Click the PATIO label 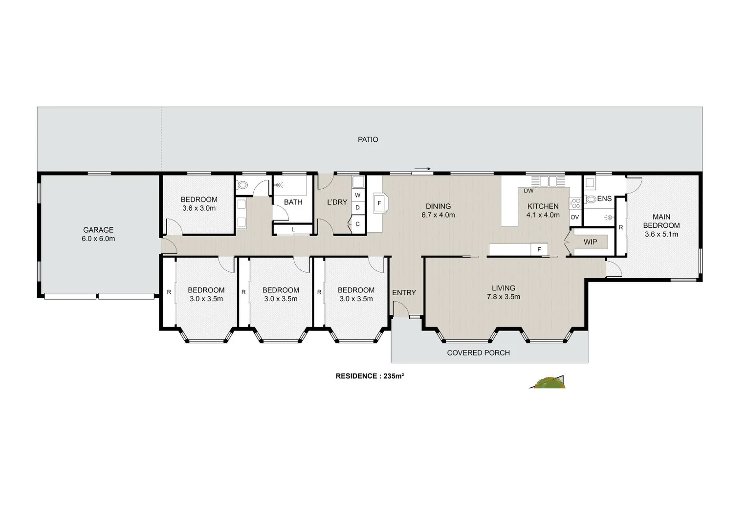(x=368, y=139)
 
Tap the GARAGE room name (x=98, y=230)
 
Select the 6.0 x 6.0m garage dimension (x=98, y=239)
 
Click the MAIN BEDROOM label (x=661, y=221)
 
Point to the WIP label (x=590, y=242)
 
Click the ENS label (x=604, y=198)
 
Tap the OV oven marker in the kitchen (x=574, y=217)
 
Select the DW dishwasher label (x=528, y=191)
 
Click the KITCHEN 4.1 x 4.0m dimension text (x=543, y=215)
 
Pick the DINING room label (x=438, y=206)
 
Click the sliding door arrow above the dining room (x=422, y=169)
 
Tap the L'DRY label (x=337, y=202)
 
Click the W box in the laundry (x=357, y=195)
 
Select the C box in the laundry (x=357, y=224)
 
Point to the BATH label (x=293, y=202)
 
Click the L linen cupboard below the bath (x=293, y=229)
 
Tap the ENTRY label (x=404, y=292)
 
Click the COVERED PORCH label (x=478, y=352)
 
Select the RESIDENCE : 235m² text (x=369, y=376)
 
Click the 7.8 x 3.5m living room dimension (x=503, y=297)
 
